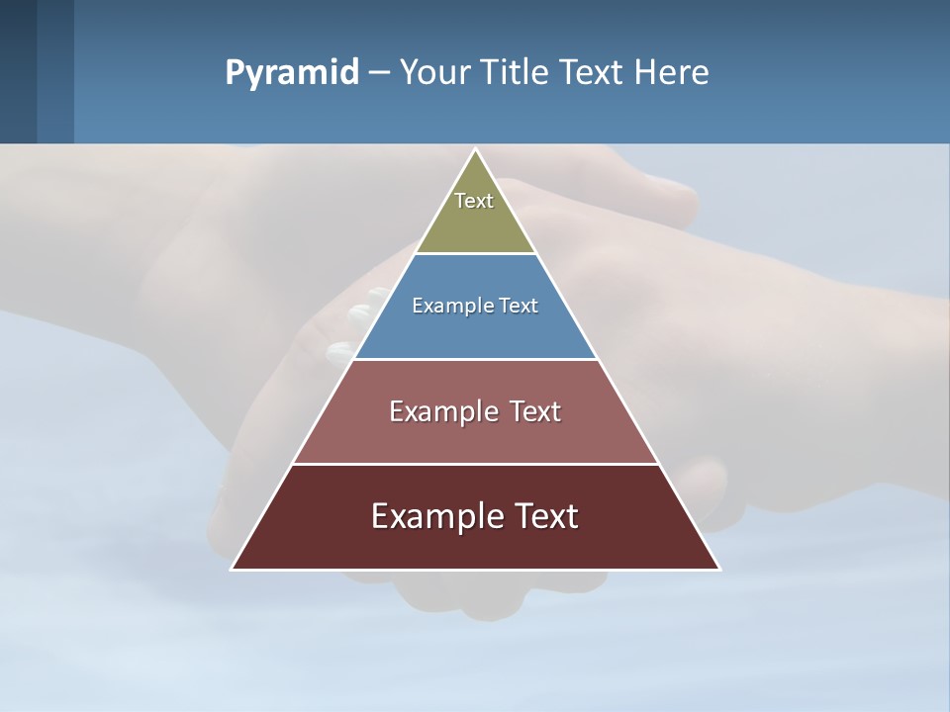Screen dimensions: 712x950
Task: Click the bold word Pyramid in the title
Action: [291, 73]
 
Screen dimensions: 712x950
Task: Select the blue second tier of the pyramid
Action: [475, 331]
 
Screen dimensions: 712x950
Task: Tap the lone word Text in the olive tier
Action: [474, 201]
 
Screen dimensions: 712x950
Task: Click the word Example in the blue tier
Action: [450, 306]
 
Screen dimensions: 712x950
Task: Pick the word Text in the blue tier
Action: [519, 306]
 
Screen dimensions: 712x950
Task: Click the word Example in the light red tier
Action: [439, 411]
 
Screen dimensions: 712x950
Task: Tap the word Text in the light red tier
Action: [535, 411]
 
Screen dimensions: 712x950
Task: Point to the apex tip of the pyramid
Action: [475, 150]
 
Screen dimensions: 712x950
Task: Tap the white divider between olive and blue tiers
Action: [475, 253]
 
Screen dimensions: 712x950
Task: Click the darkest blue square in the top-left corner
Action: [18, 71]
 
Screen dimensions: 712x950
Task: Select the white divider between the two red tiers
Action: [475, 464]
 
